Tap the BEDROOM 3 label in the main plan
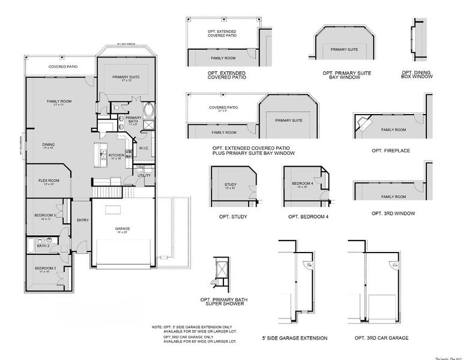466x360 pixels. pos(46,215)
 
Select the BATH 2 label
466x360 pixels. pos(43,245)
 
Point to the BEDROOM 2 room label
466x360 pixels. pos(45,268)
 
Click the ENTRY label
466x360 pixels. pos(83,220)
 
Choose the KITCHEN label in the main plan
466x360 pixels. pos(116,155)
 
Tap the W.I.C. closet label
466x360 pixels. pos(144,148)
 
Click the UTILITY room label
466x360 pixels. pos(144,175)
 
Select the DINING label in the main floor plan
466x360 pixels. pos(49,144)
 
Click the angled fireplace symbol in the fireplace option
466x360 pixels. pos(363,123)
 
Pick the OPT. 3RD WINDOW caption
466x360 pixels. pos(390,213)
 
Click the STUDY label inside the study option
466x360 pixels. pos(230,185)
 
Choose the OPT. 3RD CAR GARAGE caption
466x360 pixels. pos(387,338)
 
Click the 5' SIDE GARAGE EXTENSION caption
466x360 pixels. pos(295,338)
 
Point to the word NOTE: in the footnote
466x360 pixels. pos(157,327)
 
